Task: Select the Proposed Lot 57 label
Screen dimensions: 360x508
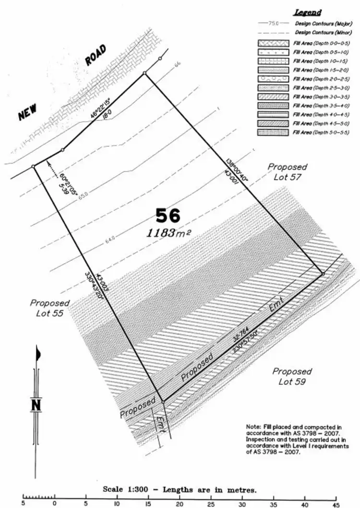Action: (287, 171)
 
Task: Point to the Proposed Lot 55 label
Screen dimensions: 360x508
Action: (49, 308)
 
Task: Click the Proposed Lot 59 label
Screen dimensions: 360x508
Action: (292, 376)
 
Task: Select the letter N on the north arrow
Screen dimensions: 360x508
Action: (36, 405)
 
